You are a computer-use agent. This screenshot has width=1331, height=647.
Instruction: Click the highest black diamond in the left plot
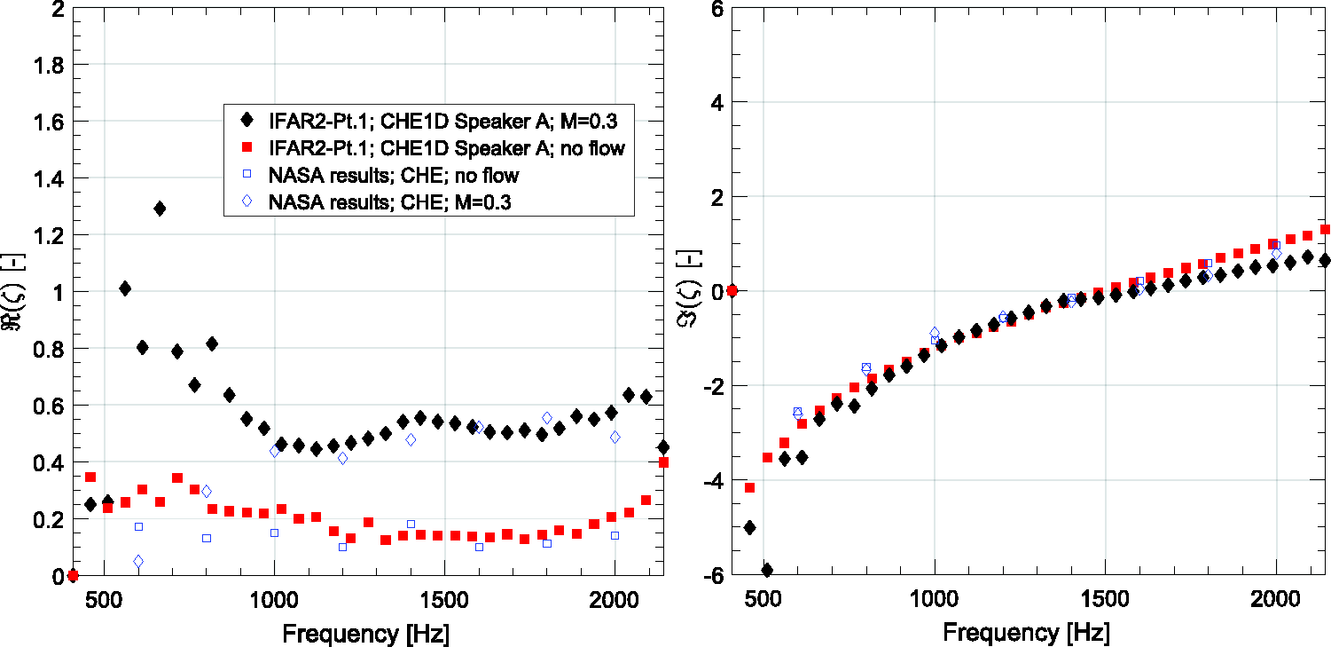coord(160,209)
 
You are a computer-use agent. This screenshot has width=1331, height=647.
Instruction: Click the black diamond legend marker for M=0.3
coord(247,121)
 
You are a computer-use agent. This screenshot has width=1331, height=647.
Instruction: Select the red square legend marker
coord(247,146)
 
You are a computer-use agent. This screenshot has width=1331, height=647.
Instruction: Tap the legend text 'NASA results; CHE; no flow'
coord(394,176)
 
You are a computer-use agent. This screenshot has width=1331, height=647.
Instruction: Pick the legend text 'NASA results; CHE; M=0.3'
coord(390,202)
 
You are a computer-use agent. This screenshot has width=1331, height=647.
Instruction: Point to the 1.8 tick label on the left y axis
coord(49,66)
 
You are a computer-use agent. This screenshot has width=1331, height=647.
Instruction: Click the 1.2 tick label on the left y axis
coord(49,235)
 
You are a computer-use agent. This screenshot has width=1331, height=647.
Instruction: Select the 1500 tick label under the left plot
coord(444,600)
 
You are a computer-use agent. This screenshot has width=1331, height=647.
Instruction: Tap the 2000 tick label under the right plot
coord(1275,599)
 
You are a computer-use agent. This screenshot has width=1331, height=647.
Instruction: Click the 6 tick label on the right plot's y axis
coord(717,10)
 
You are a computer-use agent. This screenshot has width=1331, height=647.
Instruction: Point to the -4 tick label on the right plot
coord(713,481)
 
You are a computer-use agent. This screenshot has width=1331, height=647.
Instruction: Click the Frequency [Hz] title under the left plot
coord(366,634)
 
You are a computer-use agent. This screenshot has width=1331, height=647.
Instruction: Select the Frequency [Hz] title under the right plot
coord(1026,632)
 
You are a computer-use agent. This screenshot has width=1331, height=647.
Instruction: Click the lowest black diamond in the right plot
coord(766,571)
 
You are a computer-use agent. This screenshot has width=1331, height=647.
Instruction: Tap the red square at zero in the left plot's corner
coord(73,575)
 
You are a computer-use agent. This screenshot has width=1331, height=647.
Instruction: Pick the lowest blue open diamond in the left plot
coord(138,562)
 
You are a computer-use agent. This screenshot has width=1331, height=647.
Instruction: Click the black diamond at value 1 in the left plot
coord(125,289)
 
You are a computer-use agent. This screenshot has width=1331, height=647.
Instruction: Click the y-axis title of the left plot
coord(13,291)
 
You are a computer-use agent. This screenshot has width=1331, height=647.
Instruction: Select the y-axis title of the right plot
coord(691,289)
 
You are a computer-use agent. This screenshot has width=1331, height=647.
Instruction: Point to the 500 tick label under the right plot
coord(763,599)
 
